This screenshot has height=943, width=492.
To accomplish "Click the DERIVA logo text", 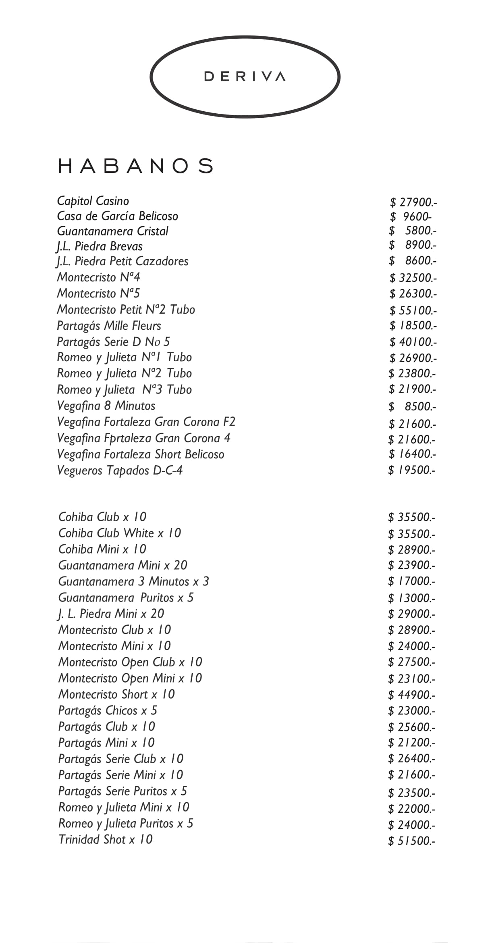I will [245, 77].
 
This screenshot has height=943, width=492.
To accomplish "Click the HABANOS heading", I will [136, 166].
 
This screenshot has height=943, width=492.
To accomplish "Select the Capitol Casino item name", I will [93, 201].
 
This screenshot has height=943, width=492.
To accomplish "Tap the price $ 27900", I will [413, 202].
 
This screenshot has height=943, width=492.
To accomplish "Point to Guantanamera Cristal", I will [112, 231].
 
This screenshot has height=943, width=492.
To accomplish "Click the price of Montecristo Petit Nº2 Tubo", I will [413, 310].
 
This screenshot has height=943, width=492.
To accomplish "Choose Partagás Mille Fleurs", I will [109, 326].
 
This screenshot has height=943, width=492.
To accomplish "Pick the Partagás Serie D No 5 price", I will [413, 342].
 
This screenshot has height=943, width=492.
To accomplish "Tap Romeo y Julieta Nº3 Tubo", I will [124, 389].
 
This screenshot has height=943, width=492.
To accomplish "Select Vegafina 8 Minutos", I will [106, 406].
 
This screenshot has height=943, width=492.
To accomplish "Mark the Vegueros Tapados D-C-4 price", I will [412, 470].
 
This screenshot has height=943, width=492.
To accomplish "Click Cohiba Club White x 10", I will [120, 533].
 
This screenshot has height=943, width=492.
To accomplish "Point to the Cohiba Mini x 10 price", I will [412, 550].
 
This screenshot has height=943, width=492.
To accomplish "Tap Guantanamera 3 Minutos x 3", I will [133, 581].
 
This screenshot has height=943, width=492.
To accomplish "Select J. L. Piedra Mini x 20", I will [111, 614].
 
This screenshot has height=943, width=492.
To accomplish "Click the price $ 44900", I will [412, 695].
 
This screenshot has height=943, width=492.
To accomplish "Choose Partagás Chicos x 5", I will [108, 710].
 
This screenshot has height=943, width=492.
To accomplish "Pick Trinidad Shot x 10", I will [106, 839].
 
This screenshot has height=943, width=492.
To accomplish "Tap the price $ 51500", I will [412, 841].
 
